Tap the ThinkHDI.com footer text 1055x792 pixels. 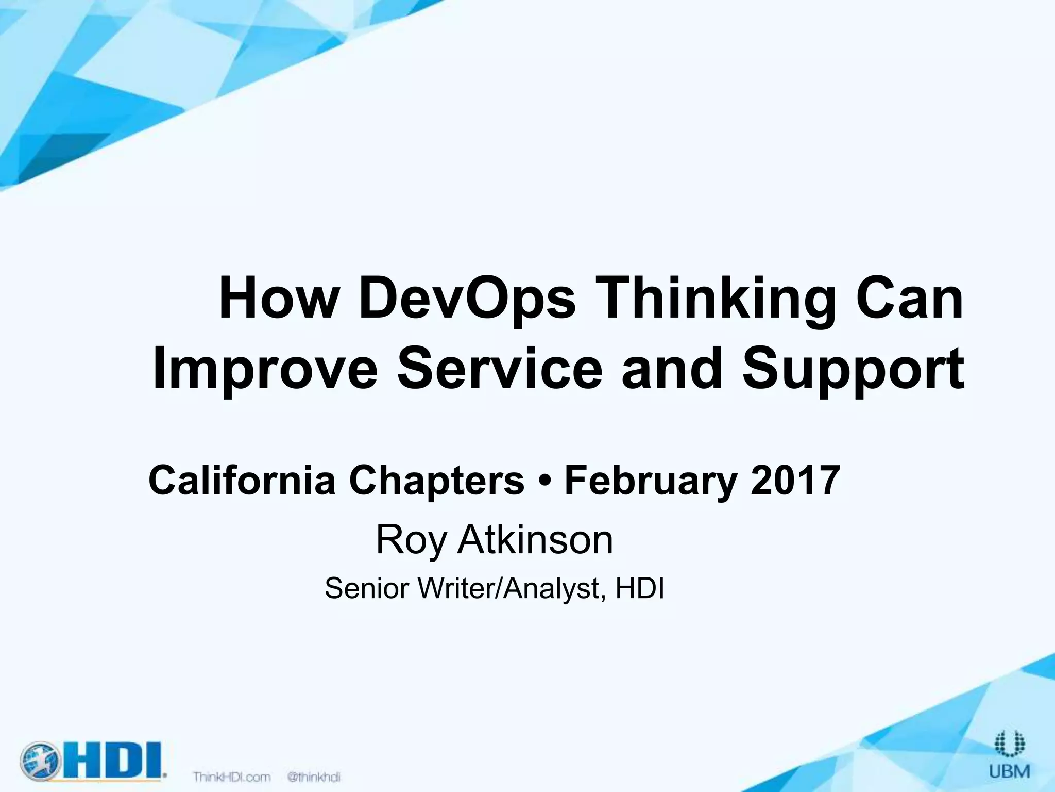click(x=232, y=777)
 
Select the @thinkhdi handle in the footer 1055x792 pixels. click(x=314, y=777)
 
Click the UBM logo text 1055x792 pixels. click(x=1009, y=771)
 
